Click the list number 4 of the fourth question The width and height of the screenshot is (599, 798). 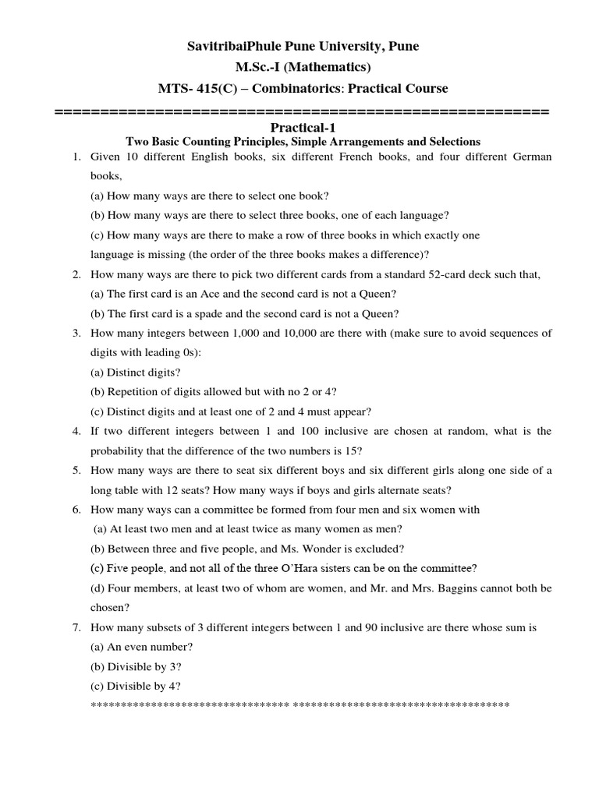(76, 431)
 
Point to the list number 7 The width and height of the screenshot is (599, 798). (76, 627)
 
